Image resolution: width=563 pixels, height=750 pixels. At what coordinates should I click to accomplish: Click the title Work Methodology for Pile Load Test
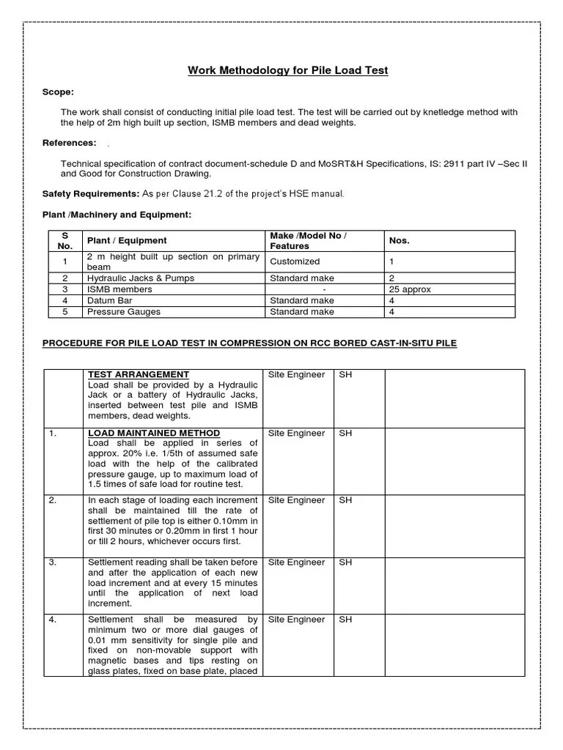[287, 70]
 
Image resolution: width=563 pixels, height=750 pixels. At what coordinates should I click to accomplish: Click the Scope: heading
[58, 92]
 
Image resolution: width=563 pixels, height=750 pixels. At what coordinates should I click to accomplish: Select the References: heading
[69, 143]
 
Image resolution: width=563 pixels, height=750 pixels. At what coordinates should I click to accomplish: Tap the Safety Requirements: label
[90, 193]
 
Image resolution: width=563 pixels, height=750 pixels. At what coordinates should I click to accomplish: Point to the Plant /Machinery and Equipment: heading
[117, 215]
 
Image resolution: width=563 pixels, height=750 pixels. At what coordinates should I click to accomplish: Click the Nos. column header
[400, 240]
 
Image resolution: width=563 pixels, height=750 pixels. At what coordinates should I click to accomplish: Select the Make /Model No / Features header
[308, 240]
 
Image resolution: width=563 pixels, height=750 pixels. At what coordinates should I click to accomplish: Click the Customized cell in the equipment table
[295, 261]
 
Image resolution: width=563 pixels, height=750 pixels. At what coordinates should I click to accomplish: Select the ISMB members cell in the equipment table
[119, 289]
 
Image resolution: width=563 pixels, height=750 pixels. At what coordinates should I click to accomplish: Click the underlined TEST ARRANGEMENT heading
[139, 374]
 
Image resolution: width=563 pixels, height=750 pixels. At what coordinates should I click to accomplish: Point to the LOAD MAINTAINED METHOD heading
[154, 434]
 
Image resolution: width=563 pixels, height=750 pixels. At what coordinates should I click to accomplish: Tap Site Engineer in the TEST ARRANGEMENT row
[296, 374]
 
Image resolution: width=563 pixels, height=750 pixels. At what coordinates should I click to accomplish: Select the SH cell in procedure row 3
[345, 562]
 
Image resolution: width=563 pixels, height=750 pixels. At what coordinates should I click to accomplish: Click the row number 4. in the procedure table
[53, 620]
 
